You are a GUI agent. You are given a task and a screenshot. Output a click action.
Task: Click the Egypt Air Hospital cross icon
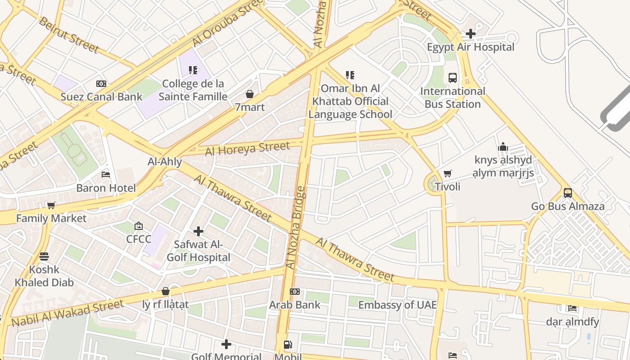click(470, 34)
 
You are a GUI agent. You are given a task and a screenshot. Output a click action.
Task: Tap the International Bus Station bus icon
click(453, 78)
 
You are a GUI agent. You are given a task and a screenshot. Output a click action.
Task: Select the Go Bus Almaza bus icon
click(568, 193)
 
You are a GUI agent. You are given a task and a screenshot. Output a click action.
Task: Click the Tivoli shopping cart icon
click(447, 173)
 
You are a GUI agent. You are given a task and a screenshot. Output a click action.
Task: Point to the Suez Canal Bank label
click(101, 96)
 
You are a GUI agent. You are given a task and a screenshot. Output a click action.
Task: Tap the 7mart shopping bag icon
click(250, 94)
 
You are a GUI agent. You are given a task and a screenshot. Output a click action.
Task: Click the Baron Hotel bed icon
click(106, 174)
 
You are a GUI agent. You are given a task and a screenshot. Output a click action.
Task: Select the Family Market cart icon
click(51, 205)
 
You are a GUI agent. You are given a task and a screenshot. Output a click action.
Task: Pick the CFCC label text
click(139, 239)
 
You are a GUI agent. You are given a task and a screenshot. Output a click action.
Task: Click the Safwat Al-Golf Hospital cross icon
click(198, 231)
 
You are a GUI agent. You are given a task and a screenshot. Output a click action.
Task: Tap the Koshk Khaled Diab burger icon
click(44, 256)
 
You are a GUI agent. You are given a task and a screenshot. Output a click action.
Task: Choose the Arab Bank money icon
click(295, 292)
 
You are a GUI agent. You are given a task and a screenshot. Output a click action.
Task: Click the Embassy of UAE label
click(397, 305)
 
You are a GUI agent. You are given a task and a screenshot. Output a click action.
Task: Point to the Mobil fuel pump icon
click(288, 345)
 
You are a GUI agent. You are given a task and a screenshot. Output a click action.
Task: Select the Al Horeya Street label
click(247, 148)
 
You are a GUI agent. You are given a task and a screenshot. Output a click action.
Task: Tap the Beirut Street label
click(68, 35)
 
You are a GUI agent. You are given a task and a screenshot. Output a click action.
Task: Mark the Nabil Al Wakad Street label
click(67, 313)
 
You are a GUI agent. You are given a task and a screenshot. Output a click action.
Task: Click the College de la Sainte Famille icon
click(193, 70)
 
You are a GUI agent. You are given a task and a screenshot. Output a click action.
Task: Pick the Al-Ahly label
click(165, 162)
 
